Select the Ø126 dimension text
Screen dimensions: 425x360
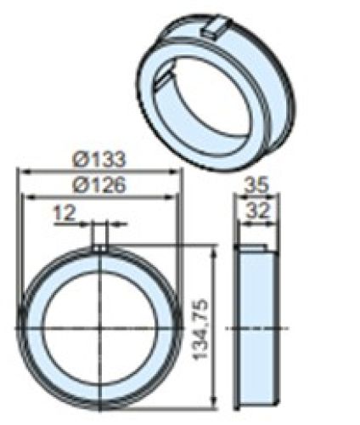point(100,184)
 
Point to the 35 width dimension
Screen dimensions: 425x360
point(256,184)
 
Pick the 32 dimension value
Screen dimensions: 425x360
point(256,210)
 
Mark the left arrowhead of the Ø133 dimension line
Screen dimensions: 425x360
point(23,171)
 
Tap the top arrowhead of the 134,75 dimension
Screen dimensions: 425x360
point(214,247)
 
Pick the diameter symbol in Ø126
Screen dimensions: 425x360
point(79,184)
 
